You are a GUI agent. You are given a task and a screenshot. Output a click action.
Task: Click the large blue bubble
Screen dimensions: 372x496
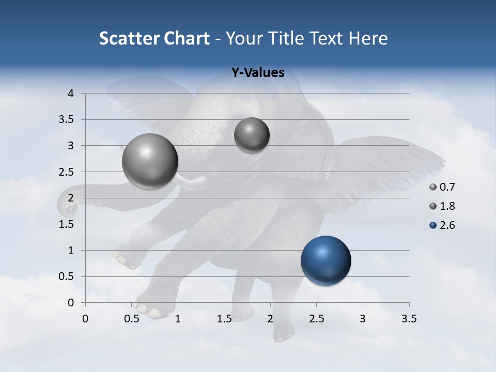tap(326, 260)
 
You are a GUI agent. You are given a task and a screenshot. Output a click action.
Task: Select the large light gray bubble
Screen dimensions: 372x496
tap(150, 161)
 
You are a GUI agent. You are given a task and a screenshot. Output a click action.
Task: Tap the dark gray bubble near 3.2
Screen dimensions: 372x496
tap(252, 135)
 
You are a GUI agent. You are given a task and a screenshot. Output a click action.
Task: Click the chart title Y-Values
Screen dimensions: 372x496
tap(257, 73)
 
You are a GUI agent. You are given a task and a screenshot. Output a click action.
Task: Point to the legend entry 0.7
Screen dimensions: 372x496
tap(447, 187)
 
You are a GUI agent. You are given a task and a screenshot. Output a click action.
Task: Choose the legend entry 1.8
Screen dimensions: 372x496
tap(447, 206)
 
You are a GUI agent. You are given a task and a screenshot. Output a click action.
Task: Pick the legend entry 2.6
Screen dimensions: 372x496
tap(447, 225)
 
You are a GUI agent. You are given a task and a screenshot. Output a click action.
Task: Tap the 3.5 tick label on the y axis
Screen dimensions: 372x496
tap(66, 119)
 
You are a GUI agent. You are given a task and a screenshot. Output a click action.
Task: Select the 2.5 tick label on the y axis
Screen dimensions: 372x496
tap(66, 172)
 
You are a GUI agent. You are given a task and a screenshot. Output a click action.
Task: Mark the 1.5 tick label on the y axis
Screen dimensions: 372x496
tap(66, 224)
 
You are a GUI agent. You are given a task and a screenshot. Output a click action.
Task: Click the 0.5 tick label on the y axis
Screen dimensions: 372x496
tap(66, 276)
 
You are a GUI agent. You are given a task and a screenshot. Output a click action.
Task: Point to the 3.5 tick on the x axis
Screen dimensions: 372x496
tap(409, 319)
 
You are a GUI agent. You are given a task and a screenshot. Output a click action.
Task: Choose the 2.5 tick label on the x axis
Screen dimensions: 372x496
tap(316, 319)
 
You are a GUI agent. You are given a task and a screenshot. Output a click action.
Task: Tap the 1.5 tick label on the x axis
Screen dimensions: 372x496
tap(224, 319)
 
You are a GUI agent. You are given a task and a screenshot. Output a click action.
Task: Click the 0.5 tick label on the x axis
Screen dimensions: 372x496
tap(132, 319)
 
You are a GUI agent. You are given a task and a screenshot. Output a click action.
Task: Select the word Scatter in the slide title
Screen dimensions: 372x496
tap(129, 38)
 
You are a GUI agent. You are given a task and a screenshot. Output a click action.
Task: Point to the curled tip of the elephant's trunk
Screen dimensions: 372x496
tap(66, 207)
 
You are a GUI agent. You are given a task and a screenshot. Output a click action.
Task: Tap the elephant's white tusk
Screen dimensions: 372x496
tap(194, 181)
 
